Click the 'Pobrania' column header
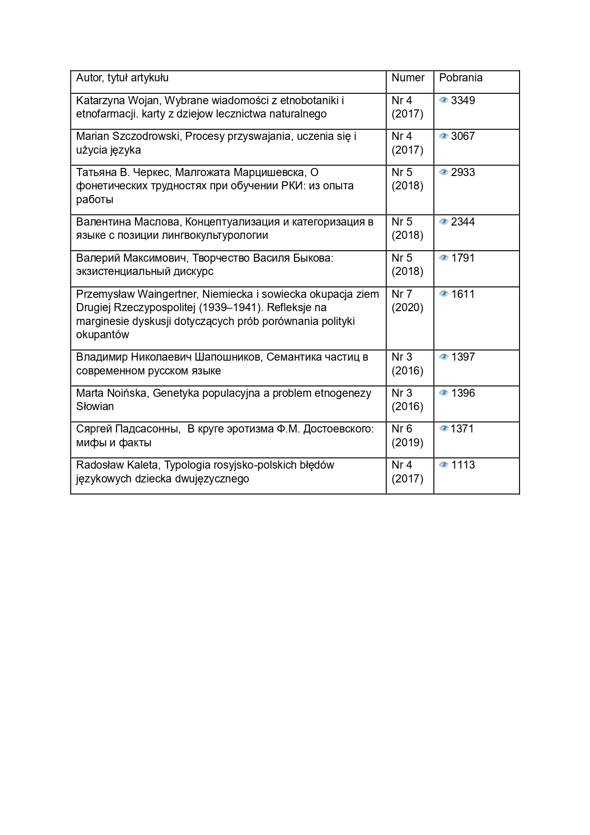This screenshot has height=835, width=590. [x=460, y=78]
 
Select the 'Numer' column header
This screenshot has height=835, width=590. [x=408, y=78]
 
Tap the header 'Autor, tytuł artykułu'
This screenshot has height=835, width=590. [x=122, y=78]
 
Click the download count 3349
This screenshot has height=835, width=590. [x=462, y=100]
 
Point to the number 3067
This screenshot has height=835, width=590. [x=462, y=136]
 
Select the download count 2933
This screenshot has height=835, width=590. [x=462, y=172]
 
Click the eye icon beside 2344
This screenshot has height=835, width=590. [x=443, y=222]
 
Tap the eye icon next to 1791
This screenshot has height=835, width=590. [x=443, y=258]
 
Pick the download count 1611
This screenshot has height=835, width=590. [x=462, y=294]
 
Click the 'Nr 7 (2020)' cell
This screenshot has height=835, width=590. [x=407, y=301]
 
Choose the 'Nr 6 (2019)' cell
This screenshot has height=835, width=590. [x=407, y=435]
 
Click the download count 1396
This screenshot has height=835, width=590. [x=462, y=393]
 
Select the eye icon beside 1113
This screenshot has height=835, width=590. [x=443, y=465]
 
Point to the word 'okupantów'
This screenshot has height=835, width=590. [x=102, y=334]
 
